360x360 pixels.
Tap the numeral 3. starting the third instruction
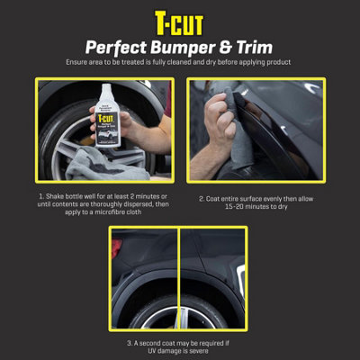[x=124, y=342]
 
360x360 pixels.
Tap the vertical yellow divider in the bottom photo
[x=178, y=279]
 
